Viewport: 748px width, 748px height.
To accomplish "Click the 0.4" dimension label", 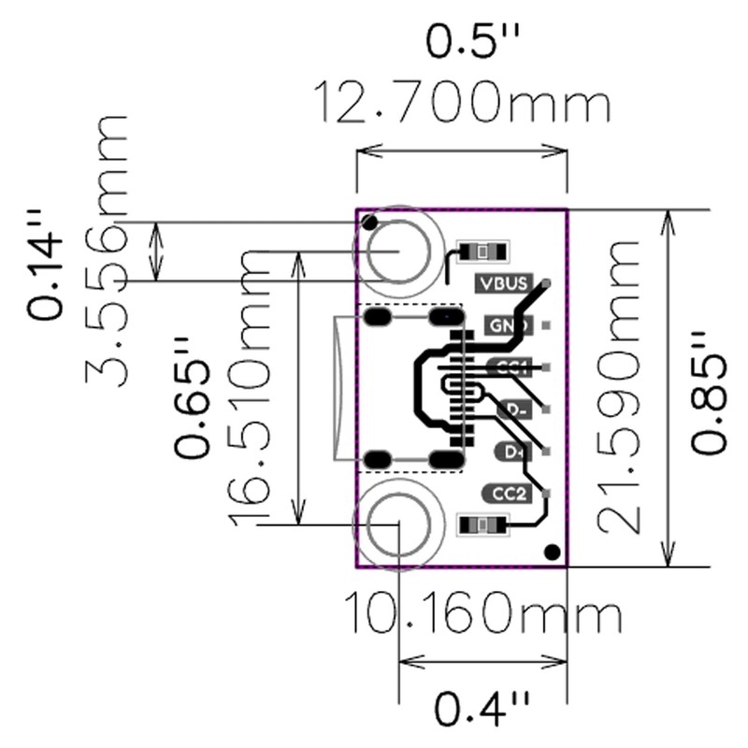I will tap(482, 708).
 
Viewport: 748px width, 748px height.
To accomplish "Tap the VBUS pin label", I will tap(505, 282).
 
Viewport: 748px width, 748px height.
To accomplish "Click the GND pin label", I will tap(508, 326).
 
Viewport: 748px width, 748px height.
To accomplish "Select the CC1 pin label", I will tap(510, 367).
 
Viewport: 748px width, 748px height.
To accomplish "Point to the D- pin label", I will tap(514, 409).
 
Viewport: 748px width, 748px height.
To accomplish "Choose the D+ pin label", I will tap(512, 452).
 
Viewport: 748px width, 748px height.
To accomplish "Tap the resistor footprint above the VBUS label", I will tap(482, 252).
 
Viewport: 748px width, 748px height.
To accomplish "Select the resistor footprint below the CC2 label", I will tap(482, 525).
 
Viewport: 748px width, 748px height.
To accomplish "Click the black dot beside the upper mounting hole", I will tap(371, 223).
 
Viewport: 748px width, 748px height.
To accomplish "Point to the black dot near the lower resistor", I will tap(552, 553).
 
